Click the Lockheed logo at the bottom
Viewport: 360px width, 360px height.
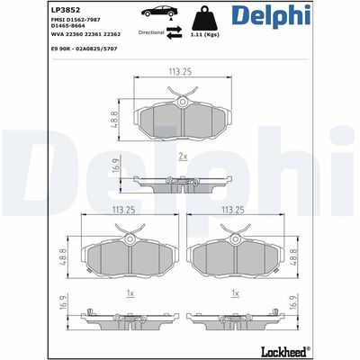321,350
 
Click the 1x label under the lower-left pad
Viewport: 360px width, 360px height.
129,293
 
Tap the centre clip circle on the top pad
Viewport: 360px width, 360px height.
183,104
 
